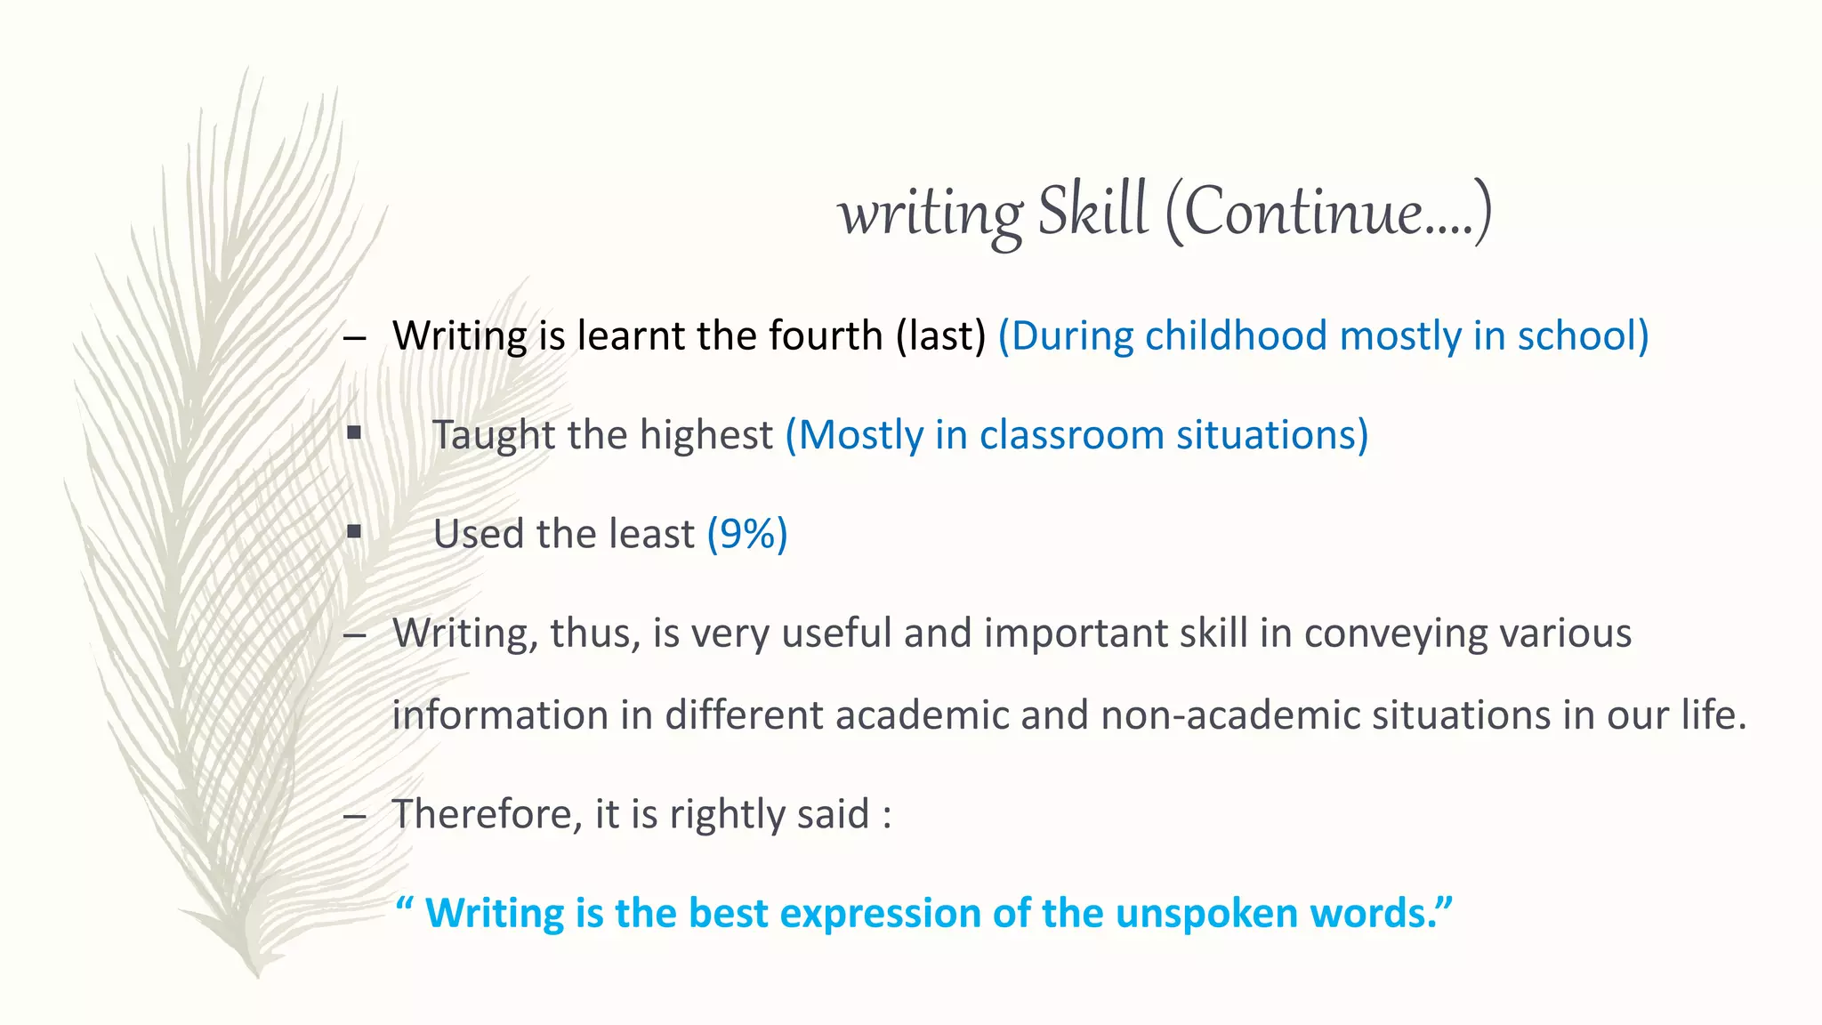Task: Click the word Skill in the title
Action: coord(1092,212)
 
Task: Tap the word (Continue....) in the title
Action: coord(1327,212)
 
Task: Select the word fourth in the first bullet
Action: coord(825,336)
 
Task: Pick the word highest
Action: coord(706,435)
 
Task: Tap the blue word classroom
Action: coord(1071,435)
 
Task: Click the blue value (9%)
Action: coord(747,534)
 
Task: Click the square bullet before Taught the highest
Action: coord(354,433)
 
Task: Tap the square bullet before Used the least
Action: coord(354,532)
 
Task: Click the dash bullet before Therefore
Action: coord(354,816)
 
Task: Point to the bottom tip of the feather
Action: coord(256,974)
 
